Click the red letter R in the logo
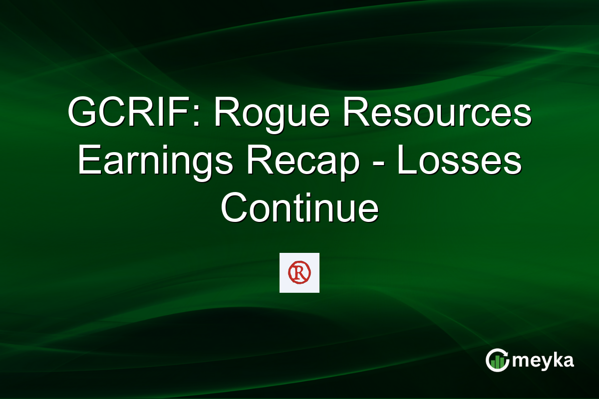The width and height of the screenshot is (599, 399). tap(299, 272)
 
